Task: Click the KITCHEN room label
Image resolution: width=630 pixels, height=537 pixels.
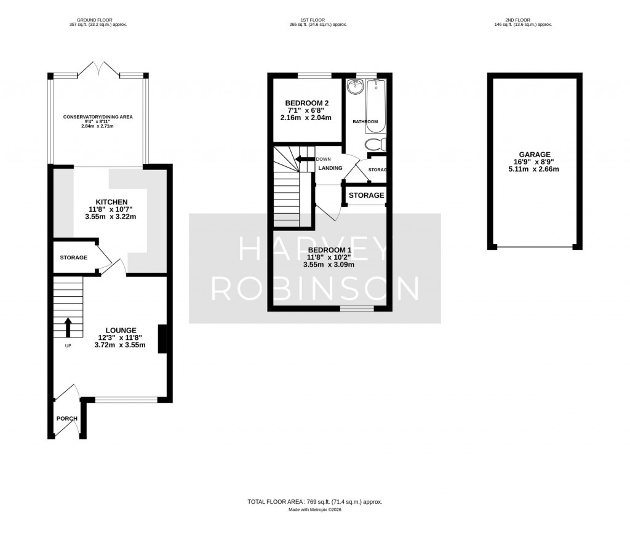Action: click(x=111, y=202)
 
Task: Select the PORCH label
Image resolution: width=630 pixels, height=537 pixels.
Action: click(x=67, y=419)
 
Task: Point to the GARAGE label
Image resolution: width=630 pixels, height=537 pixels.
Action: click(x=534, y=155)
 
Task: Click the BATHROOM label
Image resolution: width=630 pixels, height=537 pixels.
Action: click(x=365, y=122)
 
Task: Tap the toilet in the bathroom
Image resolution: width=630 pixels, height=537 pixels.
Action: click(x=374, y=145)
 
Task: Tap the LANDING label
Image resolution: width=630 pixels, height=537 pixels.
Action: click(x=330, y=168)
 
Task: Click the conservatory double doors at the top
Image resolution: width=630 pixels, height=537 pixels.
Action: click(x=99, y=69)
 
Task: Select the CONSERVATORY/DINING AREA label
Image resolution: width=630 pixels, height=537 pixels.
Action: click(x=98, y=116)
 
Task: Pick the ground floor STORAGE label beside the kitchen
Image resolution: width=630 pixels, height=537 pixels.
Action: click(x=73, y=257)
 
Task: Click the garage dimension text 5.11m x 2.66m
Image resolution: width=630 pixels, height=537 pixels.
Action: click(x=534, y=169)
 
